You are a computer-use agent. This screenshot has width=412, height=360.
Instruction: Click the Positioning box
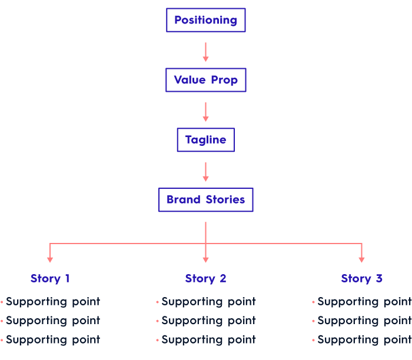pyautogui.click(x=205, y=20)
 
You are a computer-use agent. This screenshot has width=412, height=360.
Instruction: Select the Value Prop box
pyautogui.click(x=205, y=80)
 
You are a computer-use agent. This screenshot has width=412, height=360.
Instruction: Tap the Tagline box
pyautogui.click(x=205, y=140)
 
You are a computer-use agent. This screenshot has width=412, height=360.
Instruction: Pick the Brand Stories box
pyautogui.click(x=205, y=200)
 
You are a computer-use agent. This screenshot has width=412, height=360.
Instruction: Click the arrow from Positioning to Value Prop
pyautogui.click(x=205, y=51)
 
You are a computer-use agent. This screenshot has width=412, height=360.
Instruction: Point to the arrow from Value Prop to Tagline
pyautogui.click(x=205, y=111)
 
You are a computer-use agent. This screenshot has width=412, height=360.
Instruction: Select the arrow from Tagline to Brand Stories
pyautogui.click(x=205, y=171)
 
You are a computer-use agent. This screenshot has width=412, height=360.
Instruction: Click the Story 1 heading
pyautogui.click(x=50, y=279)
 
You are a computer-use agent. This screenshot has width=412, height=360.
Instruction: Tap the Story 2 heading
pyautogui.click(x=205, y=279)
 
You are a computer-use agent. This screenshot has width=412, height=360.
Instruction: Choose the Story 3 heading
pyautogui.click(x=361, y=279)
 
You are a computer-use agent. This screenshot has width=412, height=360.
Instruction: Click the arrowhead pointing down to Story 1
pyautogui.click(x=50, y=258)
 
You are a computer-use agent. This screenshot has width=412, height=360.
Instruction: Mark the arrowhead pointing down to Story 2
pyautogui.click(x=205, y=258)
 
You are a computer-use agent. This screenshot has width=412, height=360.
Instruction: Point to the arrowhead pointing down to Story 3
pyautogui.click(x=361, y=258)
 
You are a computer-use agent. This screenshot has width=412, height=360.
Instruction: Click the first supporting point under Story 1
pyautogui.click(x=53, y=302)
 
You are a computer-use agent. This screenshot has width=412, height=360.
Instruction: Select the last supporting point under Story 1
pyautogui.click(x=53, y=339)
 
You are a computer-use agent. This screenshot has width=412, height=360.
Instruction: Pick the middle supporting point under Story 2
pyautogui.click(x=208, y=321)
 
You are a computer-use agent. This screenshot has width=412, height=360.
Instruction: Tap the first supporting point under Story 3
pyautogui.click(x=364, y=302)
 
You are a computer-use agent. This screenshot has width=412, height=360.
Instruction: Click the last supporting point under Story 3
pyautogui.click(x=364, y=339)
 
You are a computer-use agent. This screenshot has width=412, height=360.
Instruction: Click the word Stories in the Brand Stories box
pyautogui.click(x=225, y=200)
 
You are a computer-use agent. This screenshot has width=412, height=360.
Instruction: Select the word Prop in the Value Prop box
pyautogui.click(x=224, y=80)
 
